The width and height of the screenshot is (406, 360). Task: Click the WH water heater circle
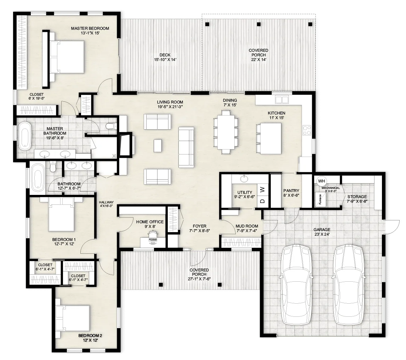coord(321,181)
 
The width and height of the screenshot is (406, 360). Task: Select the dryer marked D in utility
coord(263,201)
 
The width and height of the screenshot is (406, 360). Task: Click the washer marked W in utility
coord(263,190)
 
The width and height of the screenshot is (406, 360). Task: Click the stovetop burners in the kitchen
coord(307,130)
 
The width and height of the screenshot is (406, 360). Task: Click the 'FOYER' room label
coord(199,226)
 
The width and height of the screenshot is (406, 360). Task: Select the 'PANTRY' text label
coord(291,190)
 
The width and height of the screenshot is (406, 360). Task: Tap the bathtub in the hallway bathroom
coord(36,178)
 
